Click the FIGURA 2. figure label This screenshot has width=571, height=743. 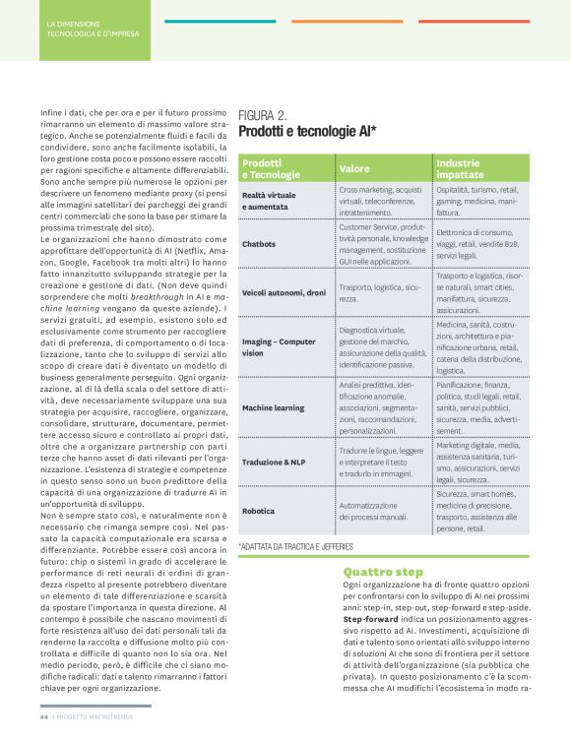(x=263, y=115)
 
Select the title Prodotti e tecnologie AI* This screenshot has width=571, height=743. (x=307, y=131)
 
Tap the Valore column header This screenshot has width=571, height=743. (x=354, y=168)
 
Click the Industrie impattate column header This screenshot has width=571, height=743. (x=459, y=168)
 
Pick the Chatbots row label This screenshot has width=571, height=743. (x=259, y=242)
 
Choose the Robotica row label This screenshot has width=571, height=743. (x=259, y=511)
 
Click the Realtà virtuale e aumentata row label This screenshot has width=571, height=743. (x=269, y=201)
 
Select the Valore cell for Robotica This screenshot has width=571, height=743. (x=373, y=511)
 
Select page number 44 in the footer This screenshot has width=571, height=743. (x=44, y=717)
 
